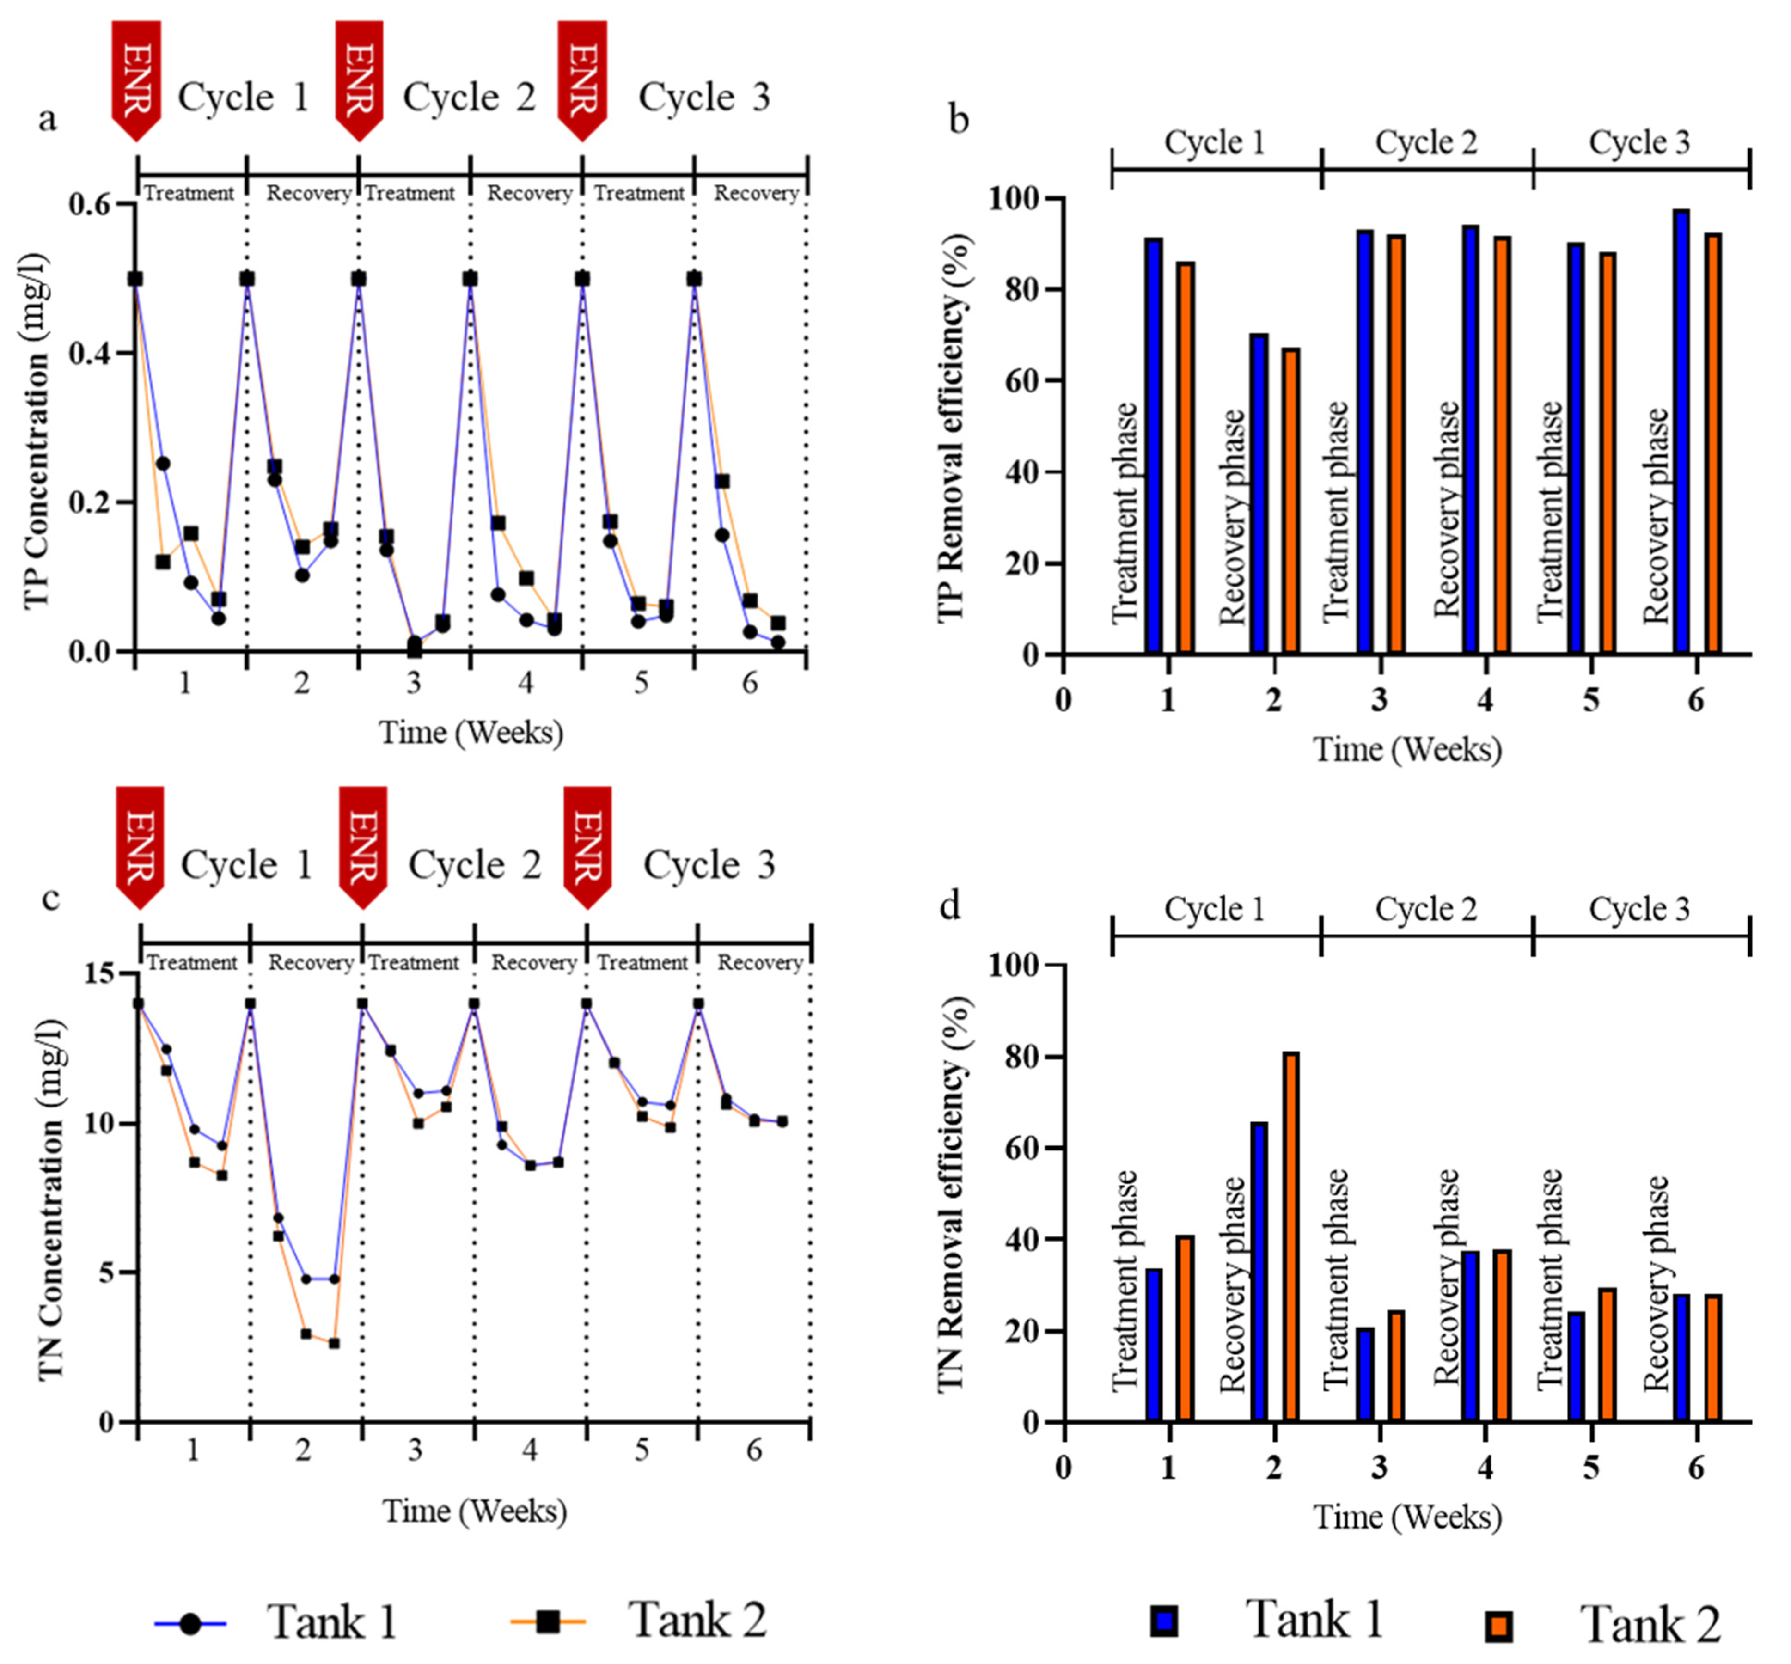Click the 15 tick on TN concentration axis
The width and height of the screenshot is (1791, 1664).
click(x=102, y=973)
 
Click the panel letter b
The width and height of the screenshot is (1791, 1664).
click(x=958, y=119)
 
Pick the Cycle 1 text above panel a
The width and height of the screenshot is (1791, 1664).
click(x=243, y=97)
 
